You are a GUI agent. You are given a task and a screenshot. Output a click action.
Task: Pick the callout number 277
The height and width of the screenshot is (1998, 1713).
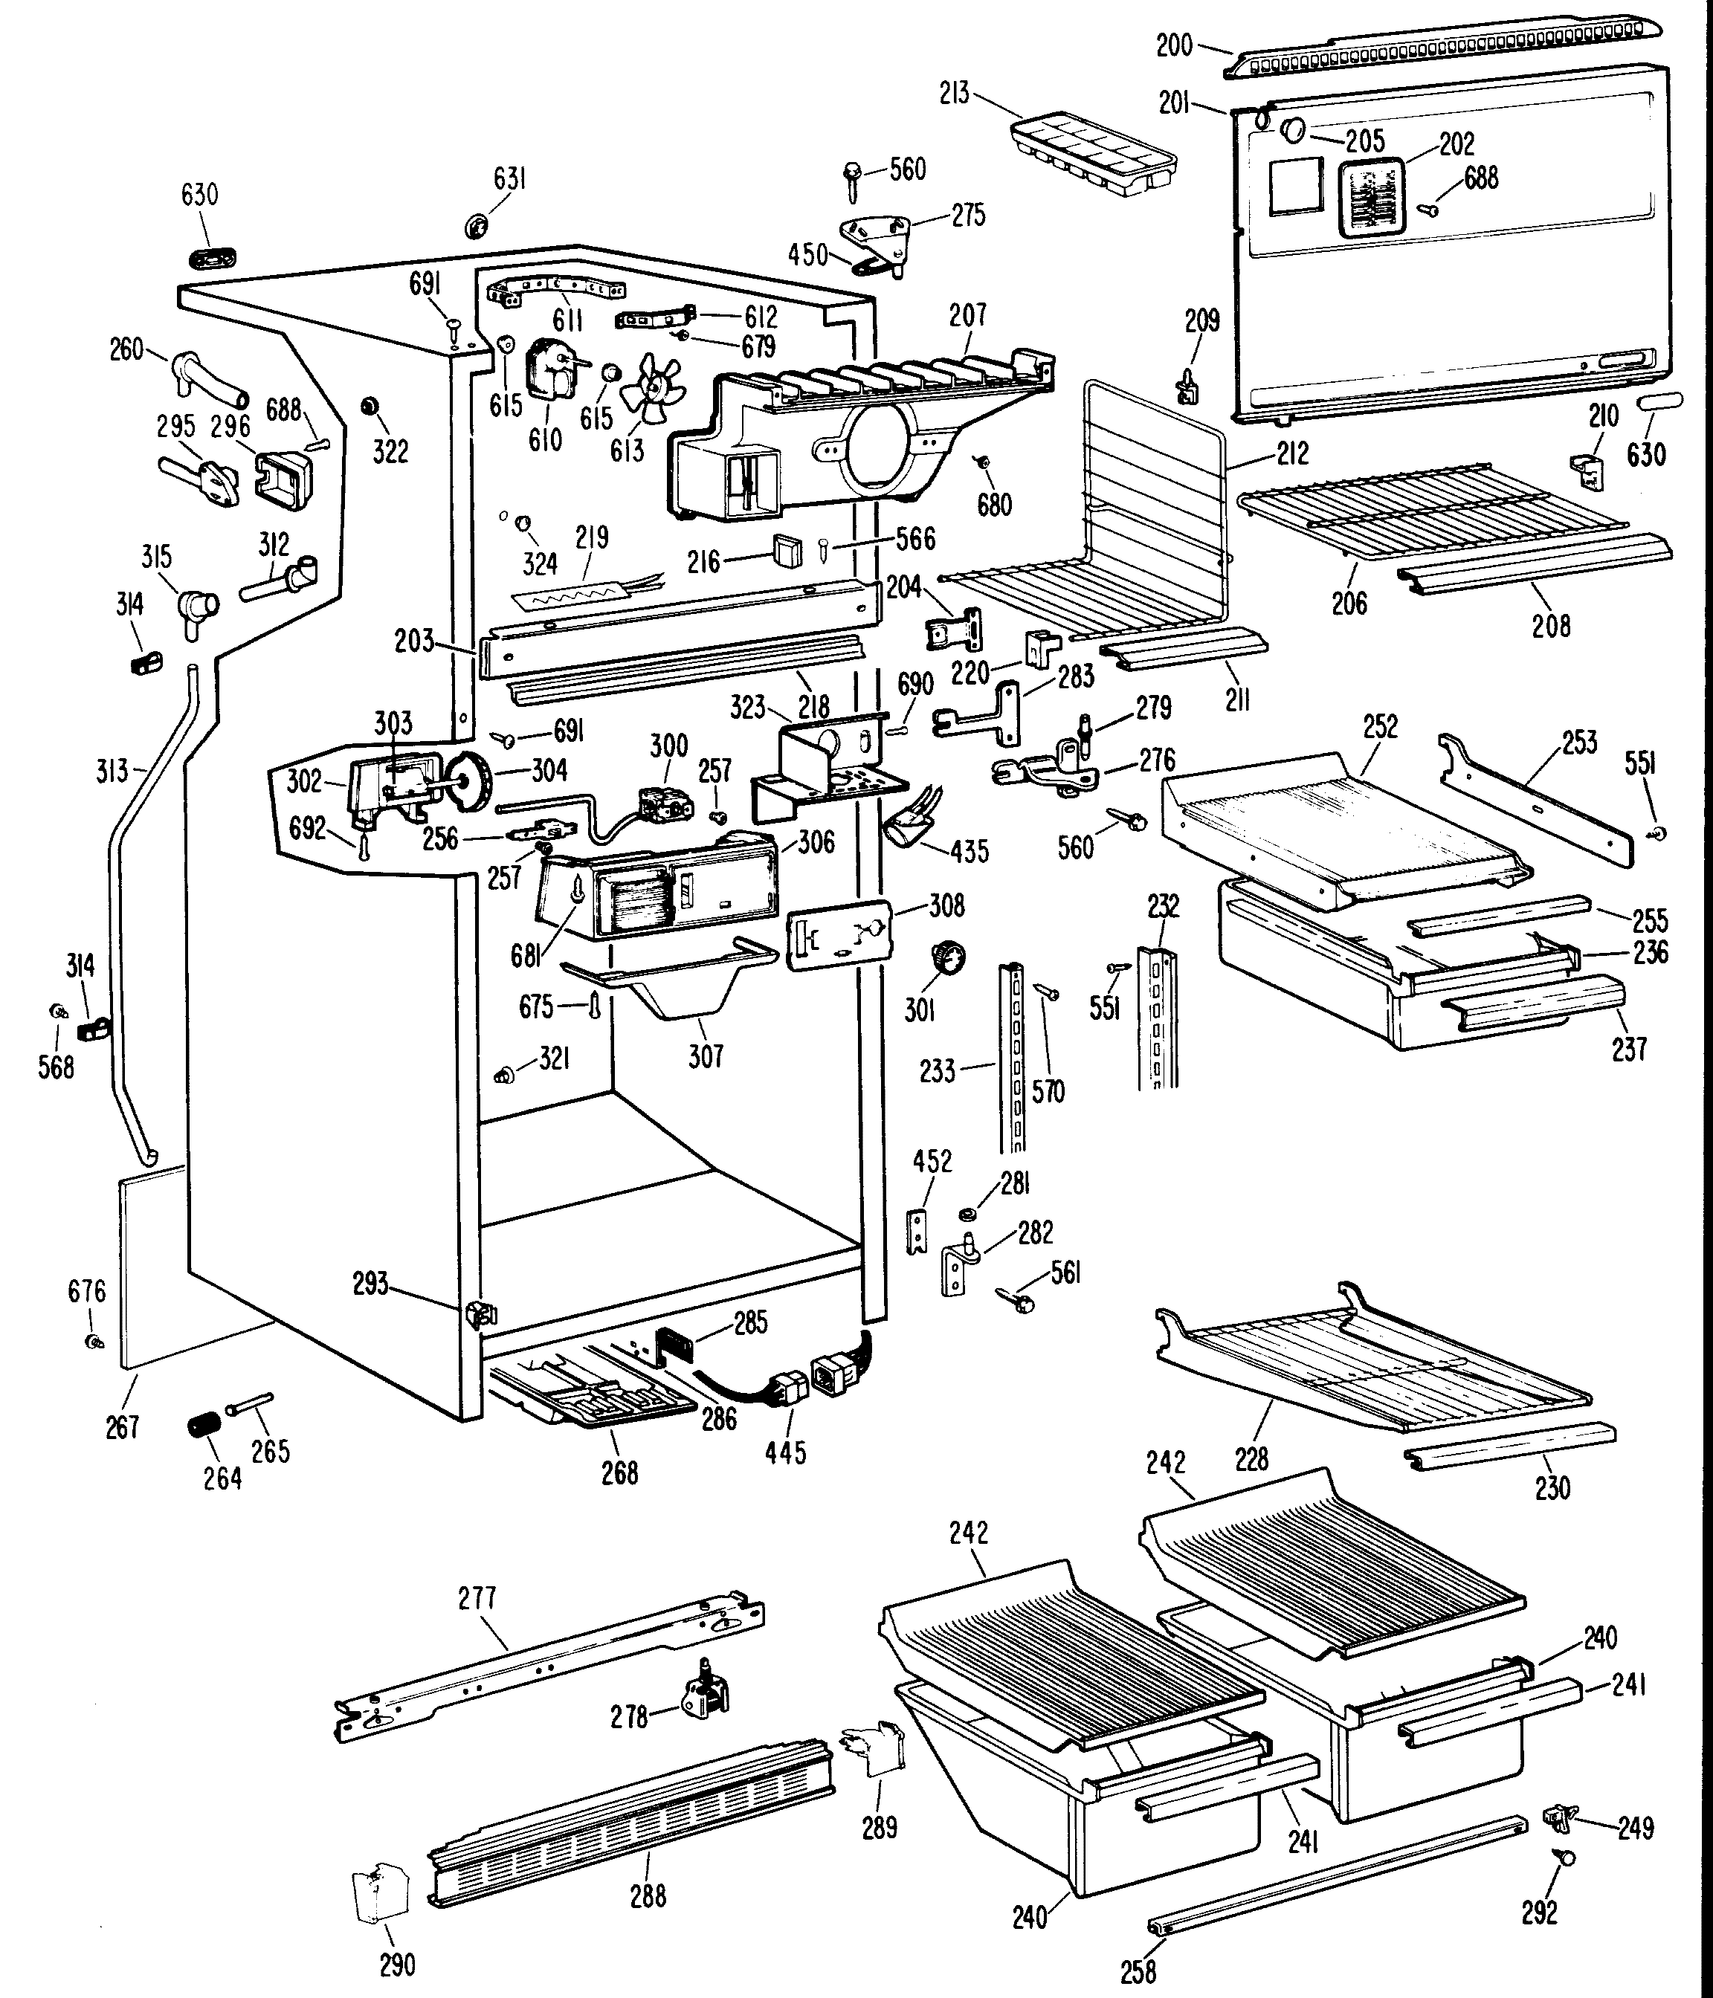pos(477,1598)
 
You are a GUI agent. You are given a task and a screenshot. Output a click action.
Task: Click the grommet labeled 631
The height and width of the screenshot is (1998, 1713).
pos(477,227)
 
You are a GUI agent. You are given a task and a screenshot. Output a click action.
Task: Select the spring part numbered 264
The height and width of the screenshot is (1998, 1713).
pos(204,1424)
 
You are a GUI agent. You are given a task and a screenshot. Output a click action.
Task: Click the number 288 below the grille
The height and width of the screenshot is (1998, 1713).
pos(648,1895)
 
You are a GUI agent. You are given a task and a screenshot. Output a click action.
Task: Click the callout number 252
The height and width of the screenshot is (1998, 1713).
pos(1380,726)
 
